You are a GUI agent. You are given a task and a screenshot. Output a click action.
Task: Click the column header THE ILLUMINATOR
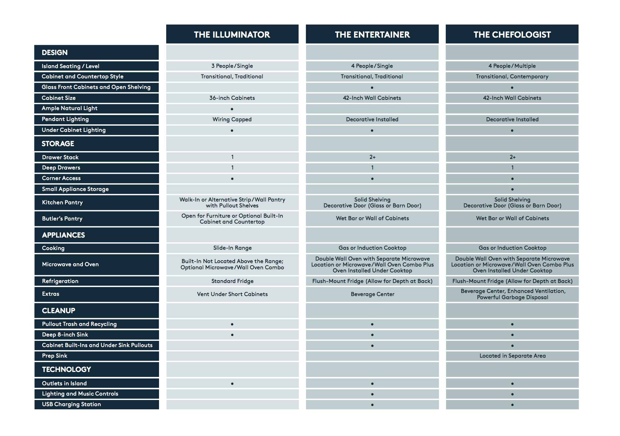point(232,35)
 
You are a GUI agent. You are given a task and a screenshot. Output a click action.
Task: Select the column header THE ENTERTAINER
point(372,35)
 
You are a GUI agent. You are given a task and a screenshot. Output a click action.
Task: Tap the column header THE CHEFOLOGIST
point(512,35)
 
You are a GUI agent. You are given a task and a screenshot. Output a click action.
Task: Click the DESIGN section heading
point(55,53)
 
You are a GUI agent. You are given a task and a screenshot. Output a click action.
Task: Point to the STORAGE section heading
point(58,144)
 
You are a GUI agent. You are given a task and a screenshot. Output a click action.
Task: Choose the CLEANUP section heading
point(58,311)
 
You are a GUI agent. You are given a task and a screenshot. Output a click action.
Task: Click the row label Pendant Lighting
point(65,119)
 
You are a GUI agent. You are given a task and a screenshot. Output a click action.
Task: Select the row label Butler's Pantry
point(62,219)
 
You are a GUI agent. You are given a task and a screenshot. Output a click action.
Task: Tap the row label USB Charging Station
point(71,404)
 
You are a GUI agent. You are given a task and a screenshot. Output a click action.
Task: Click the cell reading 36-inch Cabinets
point(232,98)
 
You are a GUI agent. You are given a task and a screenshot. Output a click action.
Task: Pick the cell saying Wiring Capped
point(232,119)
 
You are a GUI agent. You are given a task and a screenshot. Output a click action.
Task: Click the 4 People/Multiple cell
point(512,66)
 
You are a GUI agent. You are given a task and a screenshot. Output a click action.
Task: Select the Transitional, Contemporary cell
point(512,77)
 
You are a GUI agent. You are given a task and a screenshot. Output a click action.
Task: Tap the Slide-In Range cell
point(232,248)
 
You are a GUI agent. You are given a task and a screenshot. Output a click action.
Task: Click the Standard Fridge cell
point(232,281)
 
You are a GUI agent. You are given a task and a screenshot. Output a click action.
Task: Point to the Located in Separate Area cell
point(512,356)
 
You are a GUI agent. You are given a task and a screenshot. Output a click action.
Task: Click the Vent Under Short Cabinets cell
point(232,294)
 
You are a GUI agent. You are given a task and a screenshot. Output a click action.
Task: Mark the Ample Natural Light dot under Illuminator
point(232,109)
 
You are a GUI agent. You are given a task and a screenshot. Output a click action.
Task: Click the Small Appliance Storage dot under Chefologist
point(512,189)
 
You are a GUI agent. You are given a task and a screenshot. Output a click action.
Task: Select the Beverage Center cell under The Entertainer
point(372,294)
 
